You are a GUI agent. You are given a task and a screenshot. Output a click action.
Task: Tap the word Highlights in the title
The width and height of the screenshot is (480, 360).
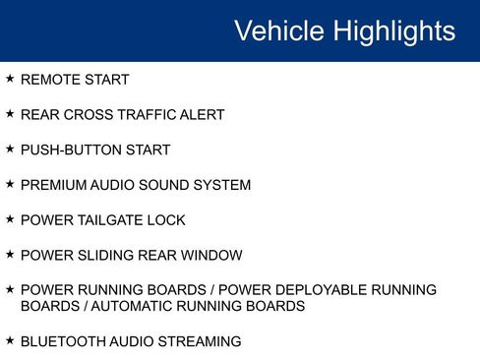tap(393, 30)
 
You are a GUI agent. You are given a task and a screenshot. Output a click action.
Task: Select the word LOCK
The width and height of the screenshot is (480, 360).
tap(167, 220)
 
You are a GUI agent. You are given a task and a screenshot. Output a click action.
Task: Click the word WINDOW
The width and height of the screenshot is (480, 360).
tap(210, 256)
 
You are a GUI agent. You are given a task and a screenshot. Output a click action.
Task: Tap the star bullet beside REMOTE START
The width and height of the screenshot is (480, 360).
tap(10, 79)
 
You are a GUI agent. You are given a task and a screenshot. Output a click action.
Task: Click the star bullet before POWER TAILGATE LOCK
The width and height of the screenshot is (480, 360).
tap(10, 219)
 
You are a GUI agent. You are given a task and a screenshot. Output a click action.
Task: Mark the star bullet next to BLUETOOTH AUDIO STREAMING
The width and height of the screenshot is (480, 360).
tap(10, 340)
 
